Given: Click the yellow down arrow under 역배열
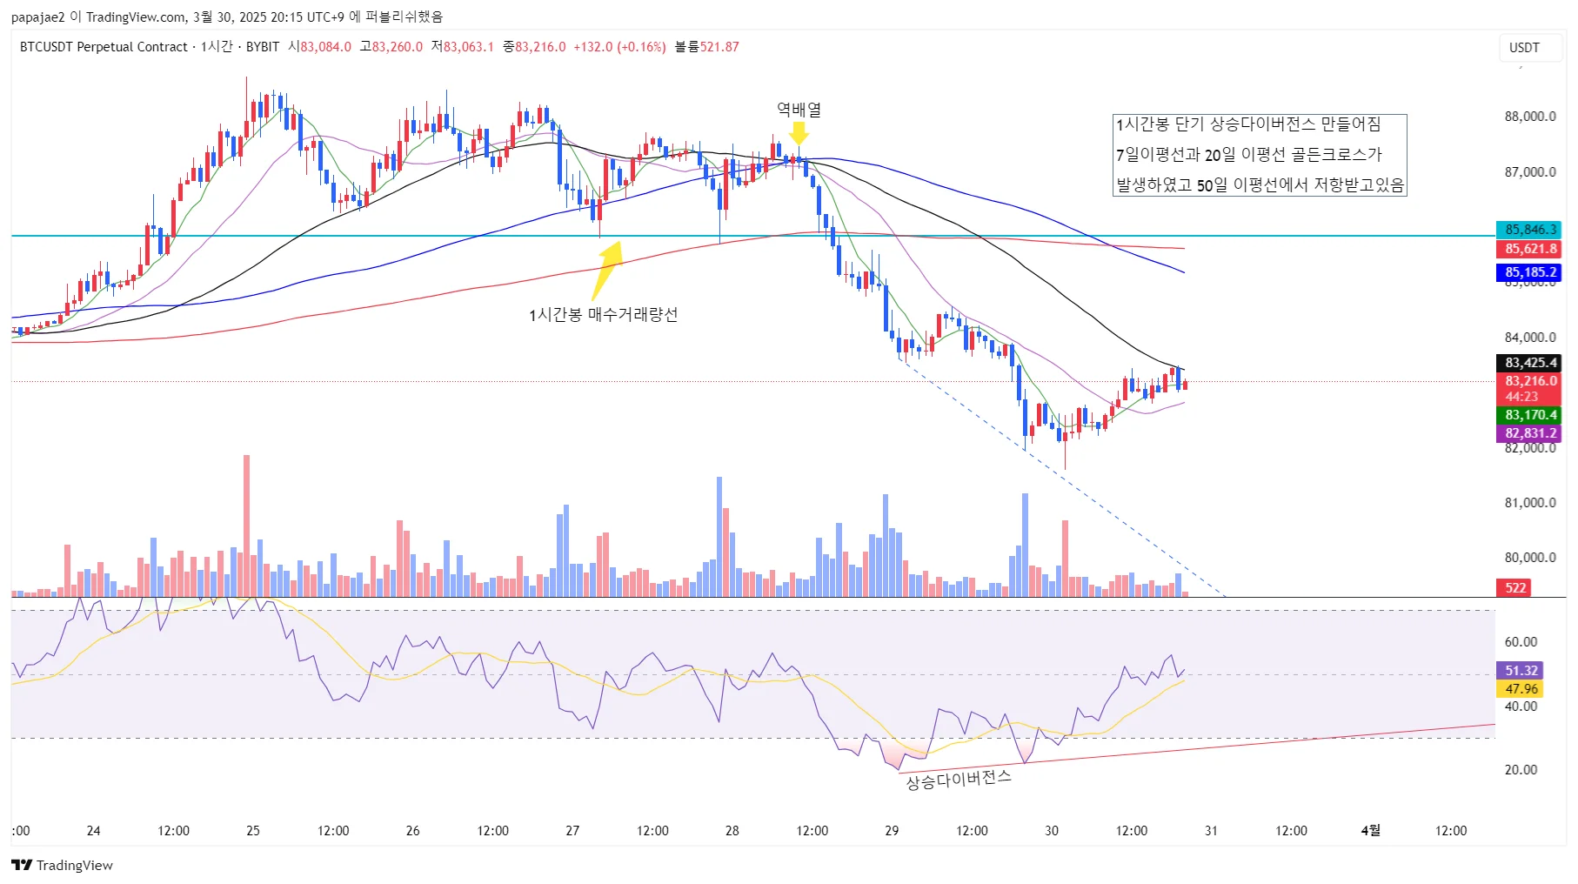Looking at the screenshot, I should (799, 133).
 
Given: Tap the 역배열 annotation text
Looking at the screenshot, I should (799, 110).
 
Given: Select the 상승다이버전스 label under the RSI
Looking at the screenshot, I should (959, 780).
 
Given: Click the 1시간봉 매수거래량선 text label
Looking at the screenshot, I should (603, 314).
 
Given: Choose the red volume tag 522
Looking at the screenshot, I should (1515, 587).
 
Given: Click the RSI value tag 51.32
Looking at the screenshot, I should (1521, 671).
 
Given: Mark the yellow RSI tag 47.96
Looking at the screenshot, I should (1521, 689).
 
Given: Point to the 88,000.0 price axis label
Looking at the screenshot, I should (1529, 117).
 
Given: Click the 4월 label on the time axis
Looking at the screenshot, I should (1370, 830).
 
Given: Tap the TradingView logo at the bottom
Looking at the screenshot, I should (63, 865).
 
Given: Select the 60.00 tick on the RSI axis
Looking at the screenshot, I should (1521, 642).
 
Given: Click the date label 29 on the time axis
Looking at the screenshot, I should (892, 830).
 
